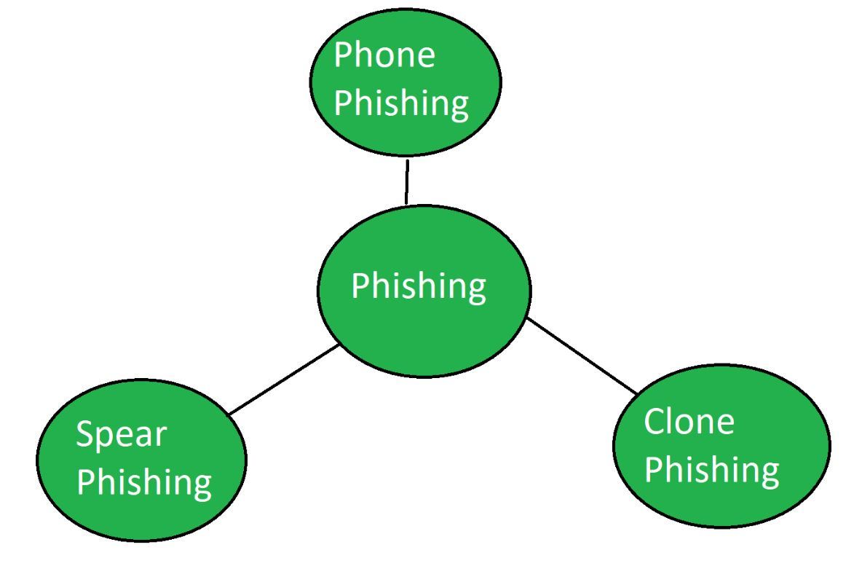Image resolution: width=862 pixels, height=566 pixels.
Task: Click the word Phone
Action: tap(384, 56)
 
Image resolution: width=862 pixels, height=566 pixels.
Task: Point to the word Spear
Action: tap(122, 436)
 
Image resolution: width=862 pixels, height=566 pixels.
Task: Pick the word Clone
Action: tap(689, 422)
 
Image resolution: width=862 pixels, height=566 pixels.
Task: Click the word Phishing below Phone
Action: tap(401, 104)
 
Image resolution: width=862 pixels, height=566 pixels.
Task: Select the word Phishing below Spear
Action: tap(143, 483)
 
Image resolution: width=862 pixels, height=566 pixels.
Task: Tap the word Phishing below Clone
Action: tap(711, 470)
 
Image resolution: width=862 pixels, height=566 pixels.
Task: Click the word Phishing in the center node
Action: tap(419, 286)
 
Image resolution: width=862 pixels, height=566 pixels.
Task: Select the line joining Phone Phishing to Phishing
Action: tap(406, 182)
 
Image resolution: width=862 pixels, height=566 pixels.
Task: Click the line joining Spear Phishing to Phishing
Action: tap(284, 380)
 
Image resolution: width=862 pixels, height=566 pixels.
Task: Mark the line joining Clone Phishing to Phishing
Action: tap(582, 356)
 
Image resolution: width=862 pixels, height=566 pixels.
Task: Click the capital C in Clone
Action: tap(655, 422)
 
